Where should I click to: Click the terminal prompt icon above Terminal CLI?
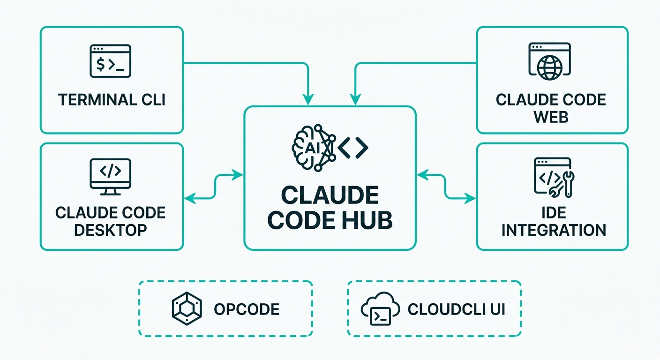pos(110,61)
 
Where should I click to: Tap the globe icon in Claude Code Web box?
pos(549,67)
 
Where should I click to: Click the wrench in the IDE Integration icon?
pos(568,182)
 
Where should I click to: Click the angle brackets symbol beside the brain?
pos(352,148)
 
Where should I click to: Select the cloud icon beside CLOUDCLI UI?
pos(380,309)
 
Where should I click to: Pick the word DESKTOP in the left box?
pos(111,230)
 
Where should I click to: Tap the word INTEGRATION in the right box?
pos(554,230)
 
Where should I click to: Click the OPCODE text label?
pos(247,309)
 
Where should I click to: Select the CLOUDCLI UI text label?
pos(456,309)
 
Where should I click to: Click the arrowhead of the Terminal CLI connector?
pos(308,100)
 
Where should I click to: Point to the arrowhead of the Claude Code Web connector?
pos(355,100)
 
